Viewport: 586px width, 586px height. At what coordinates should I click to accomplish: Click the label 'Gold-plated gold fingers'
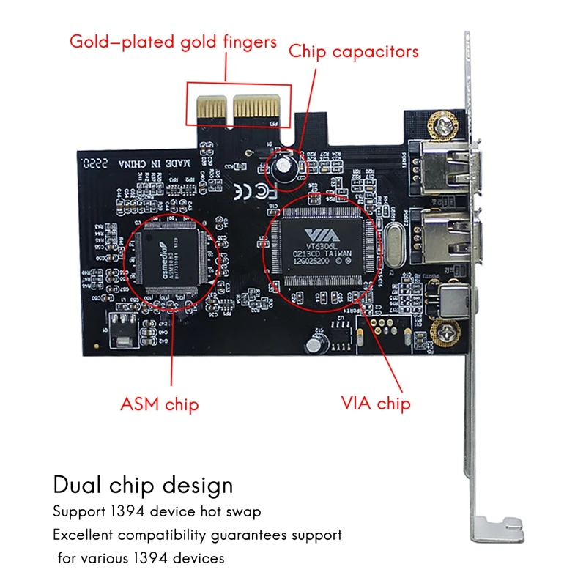click(173, 41)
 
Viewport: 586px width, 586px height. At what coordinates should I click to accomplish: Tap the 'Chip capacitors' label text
click(353, 51)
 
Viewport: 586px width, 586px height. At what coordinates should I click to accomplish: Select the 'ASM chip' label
click(160, 403)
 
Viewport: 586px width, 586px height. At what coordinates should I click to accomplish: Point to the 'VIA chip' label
click(376, 403)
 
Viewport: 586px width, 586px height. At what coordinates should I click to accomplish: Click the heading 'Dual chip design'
click(143, 484)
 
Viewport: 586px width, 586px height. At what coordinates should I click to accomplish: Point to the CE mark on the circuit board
click(253, 190)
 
